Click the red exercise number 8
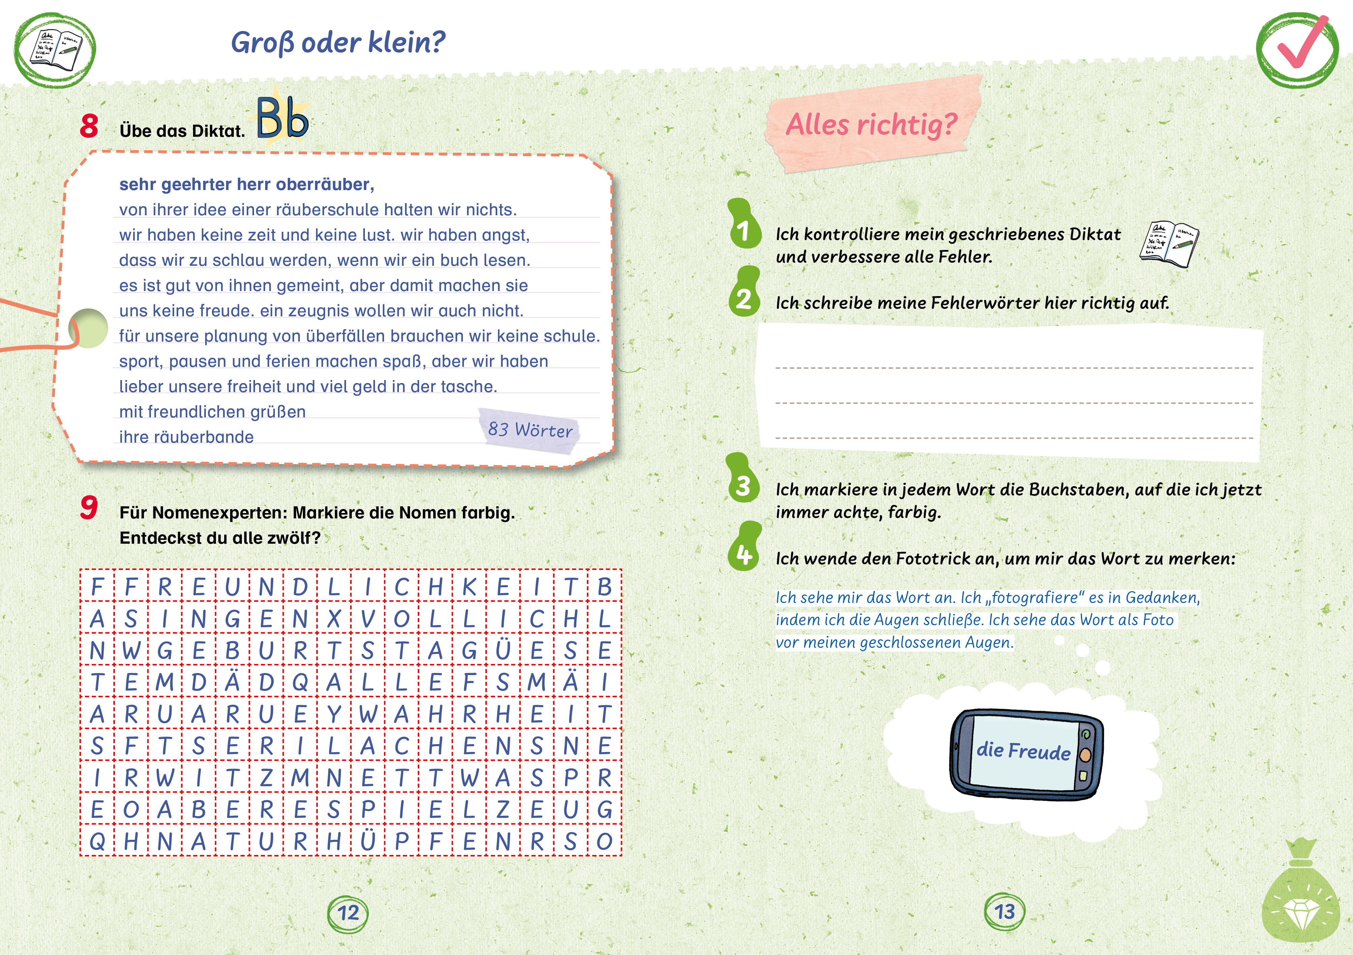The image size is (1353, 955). [89, 126]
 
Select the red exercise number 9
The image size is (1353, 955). [89, 508]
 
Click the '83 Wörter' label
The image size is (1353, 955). [530, 430]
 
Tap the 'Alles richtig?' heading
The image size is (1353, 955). [871, 125]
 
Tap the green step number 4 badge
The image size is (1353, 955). [744, 554]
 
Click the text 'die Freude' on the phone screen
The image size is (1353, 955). [1023, 751]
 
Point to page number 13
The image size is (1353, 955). [1005, 912]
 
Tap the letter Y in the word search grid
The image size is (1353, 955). [334, 714]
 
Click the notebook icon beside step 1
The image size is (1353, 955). [1169, 244]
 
